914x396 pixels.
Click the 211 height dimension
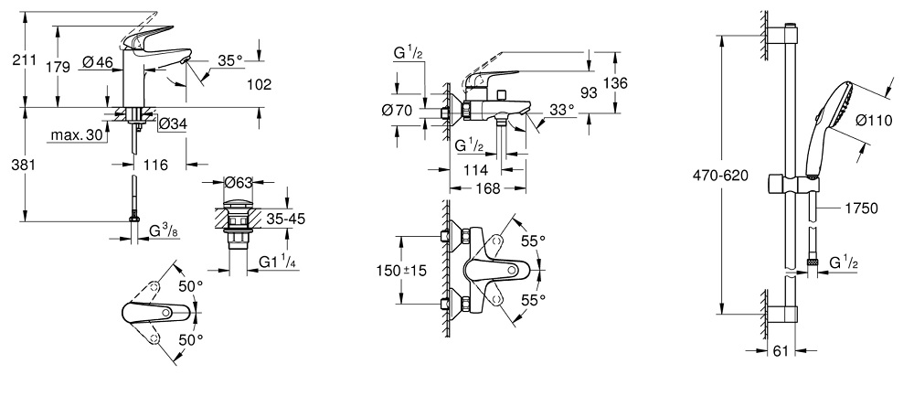[25, 61]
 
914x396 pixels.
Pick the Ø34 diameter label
[173, 124]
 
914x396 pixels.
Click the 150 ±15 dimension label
[403, 272]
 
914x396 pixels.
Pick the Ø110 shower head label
[873, 118]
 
